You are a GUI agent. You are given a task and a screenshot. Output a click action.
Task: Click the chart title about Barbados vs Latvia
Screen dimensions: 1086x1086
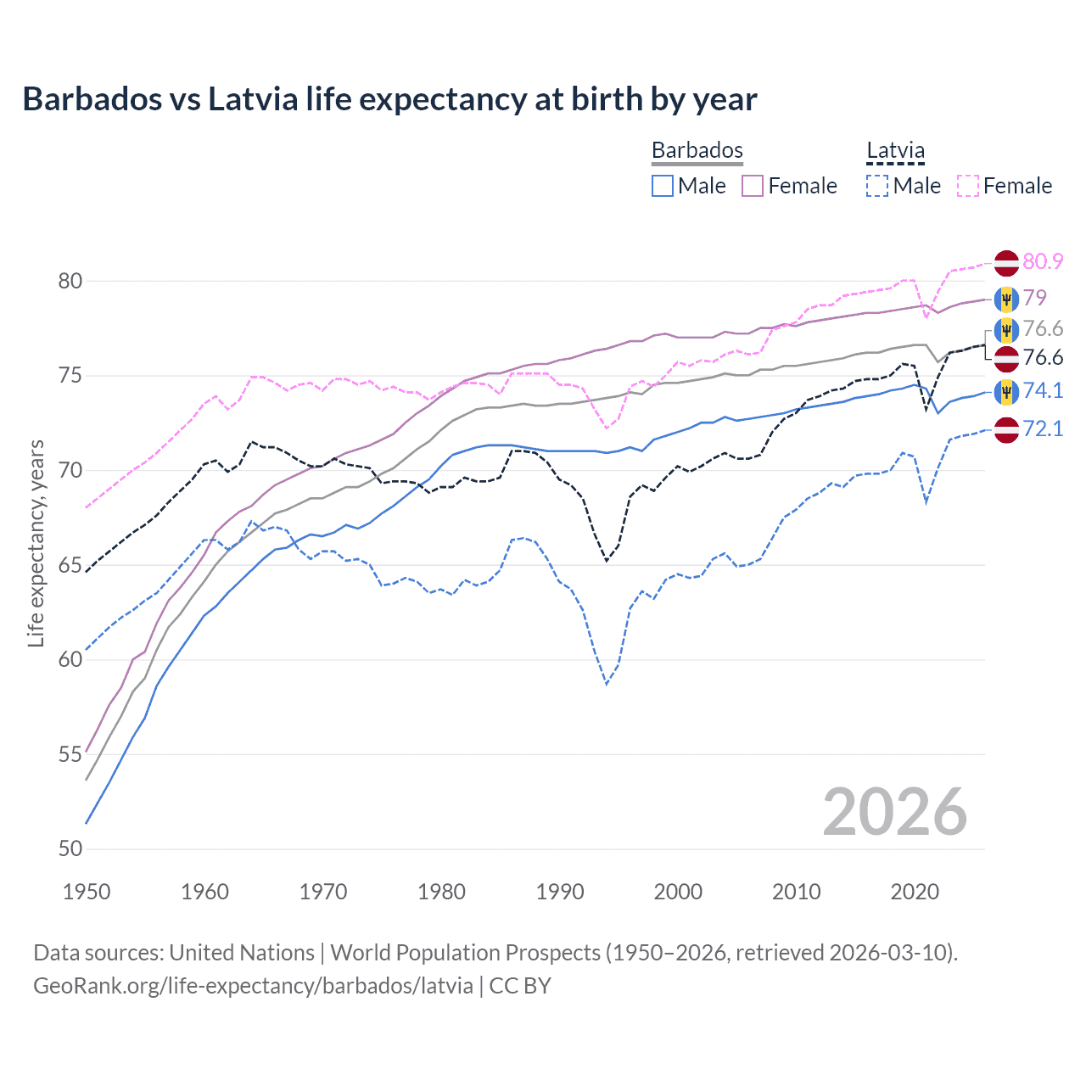pyautogui.click(x=389, y=99)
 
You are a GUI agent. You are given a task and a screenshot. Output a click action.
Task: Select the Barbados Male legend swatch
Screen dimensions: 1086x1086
pyautogui.click(x=663, y=186)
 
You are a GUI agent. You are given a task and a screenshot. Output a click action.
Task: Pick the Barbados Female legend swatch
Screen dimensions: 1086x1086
pyautogui.click(x=753, y=186)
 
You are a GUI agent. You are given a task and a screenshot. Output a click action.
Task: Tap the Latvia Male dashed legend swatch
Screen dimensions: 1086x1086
pyautogui.click(x=877, y=186)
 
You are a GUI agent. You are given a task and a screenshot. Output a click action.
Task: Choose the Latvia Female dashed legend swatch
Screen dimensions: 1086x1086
pyautogui.click(x=968, y=186)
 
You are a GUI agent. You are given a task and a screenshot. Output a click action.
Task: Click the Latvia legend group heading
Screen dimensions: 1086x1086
pyautogui.click(x=895, y=151)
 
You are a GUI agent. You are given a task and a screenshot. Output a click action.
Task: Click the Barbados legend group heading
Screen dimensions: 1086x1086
pyautogui.click(x=697, y=151)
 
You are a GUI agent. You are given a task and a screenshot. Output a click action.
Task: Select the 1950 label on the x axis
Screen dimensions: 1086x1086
pyautogui.click(x=87, y=892)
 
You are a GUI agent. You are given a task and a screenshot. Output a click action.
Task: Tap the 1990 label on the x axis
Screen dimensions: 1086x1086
pyautogui.click(x=560, y=892)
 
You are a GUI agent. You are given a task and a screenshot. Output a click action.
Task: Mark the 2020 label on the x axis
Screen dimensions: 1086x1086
pyautogui.click(x=915, y=892)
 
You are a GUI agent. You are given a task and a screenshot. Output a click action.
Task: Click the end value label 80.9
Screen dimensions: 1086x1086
pyautogui.click(x=1043, y=261)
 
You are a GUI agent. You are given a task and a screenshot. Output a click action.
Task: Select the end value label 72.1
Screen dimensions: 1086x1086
pyautogui.click(x=1043, y=428)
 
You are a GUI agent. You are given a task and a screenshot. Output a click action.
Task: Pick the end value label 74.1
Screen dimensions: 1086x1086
pyautogui.click(x=1043, y=390)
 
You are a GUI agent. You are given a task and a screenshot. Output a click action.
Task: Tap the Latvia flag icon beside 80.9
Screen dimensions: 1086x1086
pyautogui.click(x=1006, y=262)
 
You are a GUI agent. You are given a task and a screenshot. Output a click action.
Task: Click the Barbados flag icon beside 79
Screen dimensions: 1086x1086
pyautogui.click(x=1006, y=299)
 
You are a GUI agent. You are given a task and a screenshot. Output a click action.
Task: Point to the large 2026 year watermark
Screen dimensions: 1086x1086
pyautogui.click(x=895, y=812)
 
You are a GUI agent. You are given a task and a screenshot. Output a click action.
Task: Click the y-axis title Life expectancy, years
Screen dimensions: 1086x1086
pyautogui.click(x=36, y=543)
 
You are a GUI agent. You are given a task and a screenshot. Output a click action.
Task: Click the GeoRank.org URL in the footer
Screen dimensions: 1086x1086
pyautogui.click(x=253, y=986)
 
